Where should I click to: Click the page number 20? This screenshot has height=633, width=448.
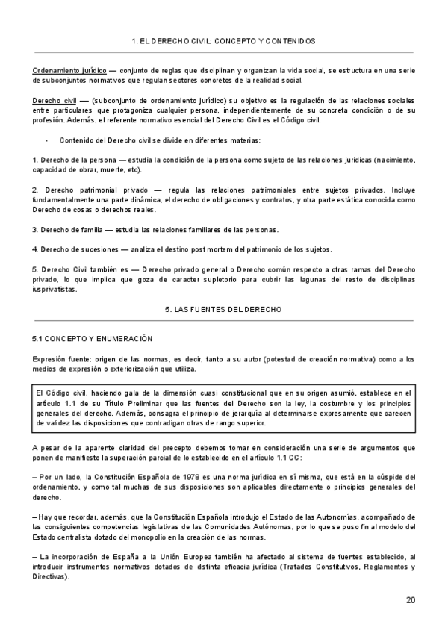point(411,599)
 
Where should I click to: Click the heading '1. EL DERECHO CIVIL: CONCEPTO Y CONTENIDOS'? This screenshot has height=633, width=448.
point(223,41)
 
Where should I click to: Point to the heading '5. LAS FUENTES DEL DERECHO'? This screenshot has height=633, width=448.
point(223,308)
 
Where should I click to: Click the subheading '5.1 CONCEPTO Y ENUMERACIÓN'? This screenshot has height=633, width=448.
point(87,338)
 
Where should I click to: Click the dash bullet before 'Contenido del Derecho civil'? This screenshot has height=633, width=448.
point(48,141)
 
